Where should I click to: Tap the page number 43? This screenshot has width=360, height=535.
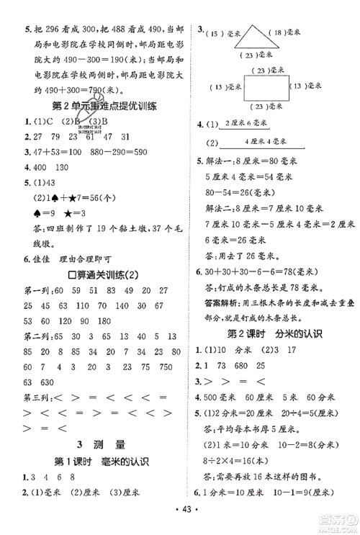[x=179, y=521]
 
